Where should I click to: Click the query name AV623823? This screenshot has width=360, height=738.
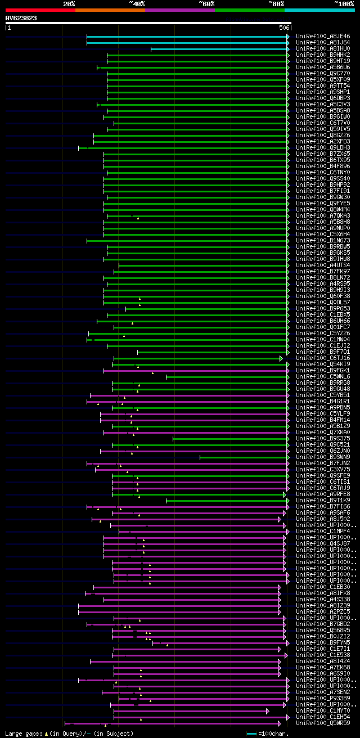[21, 18]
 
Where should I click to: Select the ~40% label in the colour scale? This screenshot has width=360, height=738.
[137, 3]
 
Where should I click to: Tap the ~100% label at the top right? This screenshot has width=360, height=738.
[344, 3]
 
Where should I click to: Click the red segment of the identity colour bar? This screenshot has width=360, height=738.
[39, 10]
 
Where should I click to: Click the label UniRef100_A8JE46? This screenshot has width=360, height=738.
[323, 37]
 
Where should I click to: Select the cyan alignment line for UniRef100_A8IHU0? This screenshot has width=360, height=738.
[219, 49]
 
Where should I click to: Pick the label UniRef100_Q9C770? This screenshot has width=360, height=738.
[323, 74]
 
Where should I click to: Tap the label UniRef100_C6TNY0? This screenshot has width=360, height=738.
[323, 173]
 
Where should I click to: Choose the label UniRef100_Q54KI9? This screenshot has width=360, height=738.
[323, 364]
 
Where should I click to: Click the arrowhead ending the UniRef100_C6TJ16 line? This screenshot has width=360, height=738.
[281, 358]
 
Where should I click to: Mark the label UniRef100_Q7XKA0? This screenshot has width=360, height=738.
[323, 433]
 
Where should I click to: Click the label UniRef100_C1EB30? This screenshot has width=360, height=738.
[323, 587]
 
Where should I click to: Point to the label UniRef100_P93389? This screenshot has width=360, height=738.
[323, 699]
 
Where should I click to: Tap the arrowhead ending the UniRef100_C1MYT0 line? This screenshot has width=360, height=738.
[268, 711]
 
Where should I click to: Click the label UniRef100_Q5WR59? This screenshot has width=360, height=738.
[323, 723]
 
